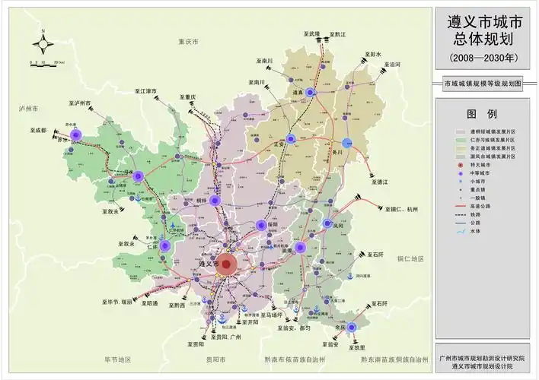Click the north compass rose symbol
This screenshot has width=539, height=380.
[x=44, y=43]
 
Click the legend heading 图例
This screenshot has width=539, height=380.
[x=481, y=114]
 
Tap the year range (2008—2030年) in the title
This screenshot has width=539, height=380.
[x=483, y=58]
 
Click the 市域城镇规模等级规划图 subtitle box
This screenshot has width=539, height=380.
[x=483, y=84]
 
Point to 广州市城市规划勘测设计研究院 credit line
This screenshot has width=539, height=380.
[x=483, y=357]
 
